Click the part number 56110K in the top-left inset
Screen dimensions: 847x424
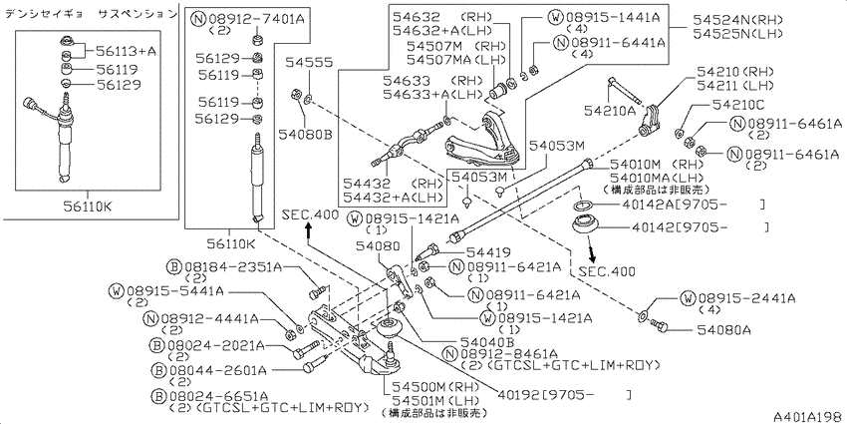click(x=89, y=208)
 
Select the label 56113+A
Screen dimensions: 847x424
click(x=126, y=51)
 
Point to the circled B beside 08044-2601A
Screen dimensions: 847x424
click(x=157, y=370)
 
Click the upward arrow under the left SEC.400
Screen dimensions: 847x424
click(x=309, y=229)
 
